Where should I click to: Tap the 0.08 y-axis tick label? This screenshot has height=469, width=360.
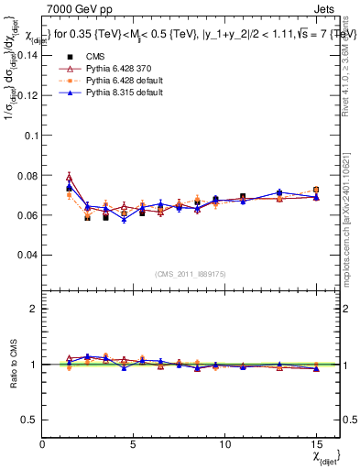pyautogui.click(x=27, y=175)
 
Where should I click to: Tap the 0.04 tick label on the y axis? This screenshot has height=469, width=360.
pyautogui.click(x=27, y=255)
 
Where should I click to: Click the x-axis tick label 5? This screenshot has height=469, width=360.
pyautogui.click(x=134, y=444)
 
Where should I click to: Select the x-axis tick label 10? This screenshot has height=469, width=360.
pyautogui.click(x=224, y=444)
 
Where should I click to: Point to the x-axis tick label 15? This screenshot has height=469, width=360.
pyautogui.click(x=316, y=444)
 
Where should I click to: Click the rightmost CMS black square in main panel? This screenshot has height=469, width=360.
pyautogui.click(x=316, y=190)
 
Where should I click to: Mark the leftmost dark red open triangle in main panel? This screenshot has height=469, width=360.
pyautogui.click(x=70, y=178)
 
